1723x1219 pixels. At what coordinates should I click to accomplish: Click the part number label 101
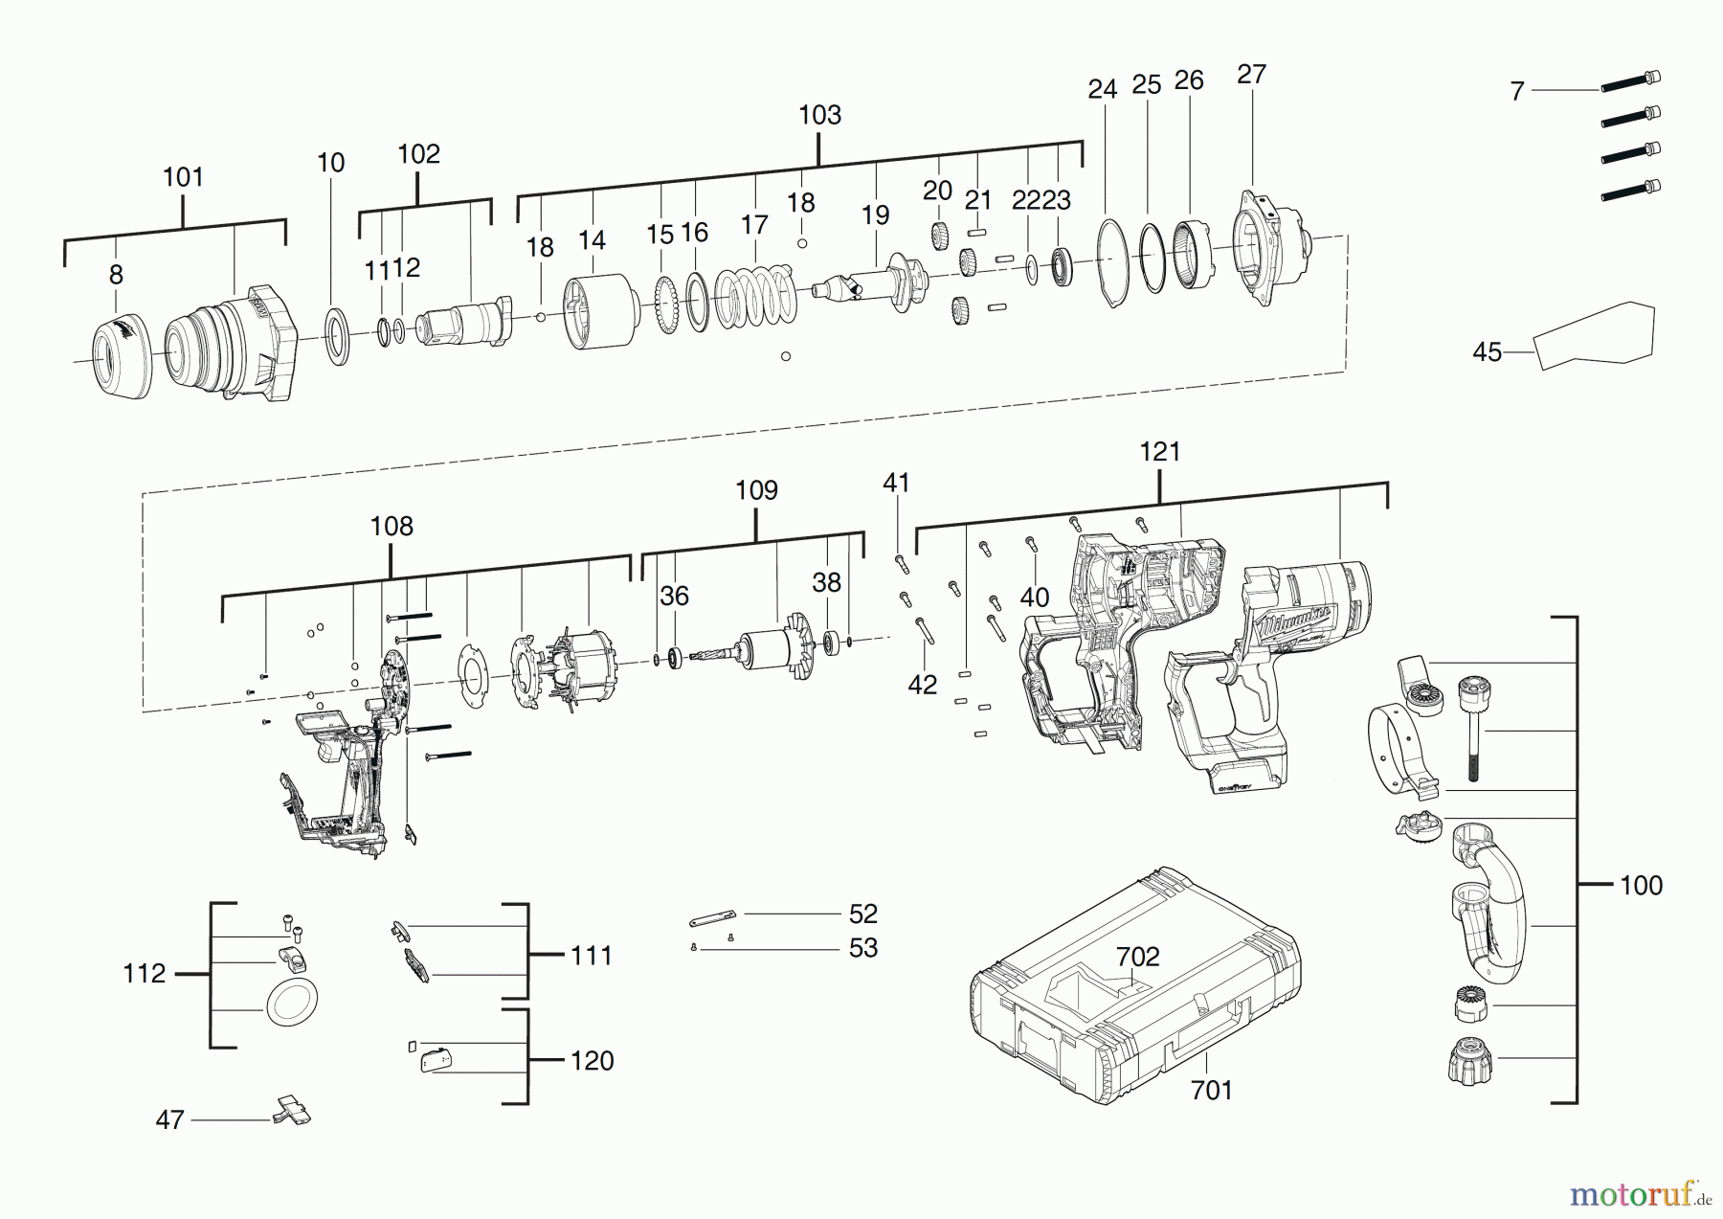(x=183, y=177)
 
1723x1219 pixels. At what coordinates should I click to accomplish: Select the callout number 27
(x=1251, y=75)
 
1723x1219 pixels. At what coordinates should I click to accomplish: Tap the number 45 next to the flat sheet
(x=1487, y=352)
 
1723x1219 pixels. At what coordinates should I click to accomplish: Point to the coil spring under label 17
(x=756, y=295)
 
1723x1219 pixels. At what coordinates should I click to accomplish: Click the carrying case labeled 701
(x=1135, y=985)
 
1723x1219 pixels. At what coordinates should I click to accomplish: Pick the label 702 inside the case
(x=1137, y=957)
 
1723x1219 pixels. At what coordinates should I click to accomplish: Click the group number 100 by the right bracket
(x=1641, y=885)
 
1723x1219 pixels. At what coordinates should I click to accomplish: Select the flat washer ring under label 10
(x=336, y=336)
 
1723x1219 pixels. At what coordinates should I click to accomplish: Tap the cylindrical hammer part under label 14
(x=600, y=312)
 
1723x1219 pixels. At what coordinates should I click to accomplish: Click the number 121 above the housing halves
(x=1160, y=452)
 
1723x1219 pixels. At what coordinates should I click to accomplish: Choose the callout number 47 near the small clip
(x=169, y=1119)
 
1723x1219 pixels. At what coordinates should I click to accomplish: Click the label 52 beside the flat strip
(x=863, y=914)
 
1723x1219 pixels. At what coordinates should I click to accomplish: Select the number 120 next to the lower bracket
(x=592, y=1061)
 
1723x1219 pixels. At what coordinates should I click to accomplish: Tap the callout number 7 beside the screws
(x=1517, y=91)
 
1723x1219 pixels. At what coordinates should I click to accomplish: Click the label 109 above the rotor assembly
(x=756, y=490)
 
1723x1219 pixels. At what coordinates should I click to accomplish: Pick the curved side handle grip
(x=1488, y=903)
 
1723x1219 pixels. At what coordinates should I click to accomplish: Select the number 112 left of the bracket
(x=145, y=974)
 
